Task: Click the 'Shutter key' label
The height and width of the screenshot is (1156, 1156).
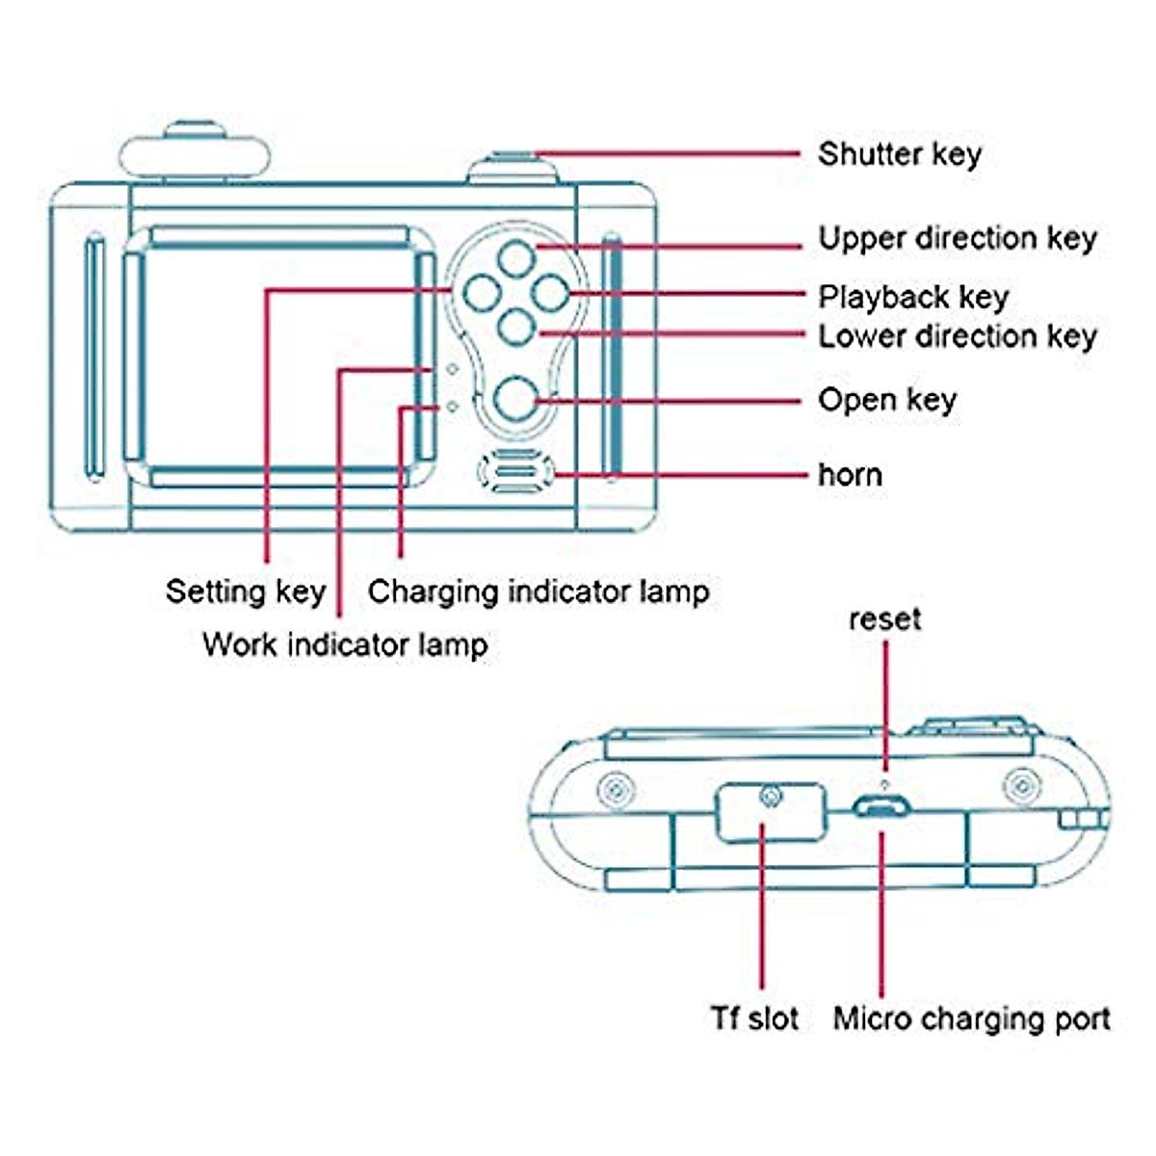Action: (899, 155)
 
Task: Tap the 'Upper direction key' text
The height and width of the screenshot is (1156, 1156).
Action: (958, 239)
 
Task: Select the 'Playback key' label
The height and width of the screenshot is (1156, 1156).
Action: (913, 298)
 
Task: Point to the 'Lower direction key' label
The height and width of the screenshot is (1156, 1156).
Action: (958, 336)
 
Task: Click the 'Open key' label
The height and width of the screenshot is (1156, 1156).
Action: (887, 401)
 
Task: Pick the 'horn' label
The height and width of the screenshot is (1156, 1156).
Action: (850, 475)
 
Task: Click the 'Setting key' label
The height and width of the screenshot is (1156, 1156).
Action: (246, 592)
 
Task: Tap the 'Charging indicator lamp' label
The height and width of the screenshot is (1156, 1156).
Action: (539, 592)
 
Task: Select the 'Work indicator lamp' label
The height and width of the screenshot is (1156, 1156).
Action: (346, 645)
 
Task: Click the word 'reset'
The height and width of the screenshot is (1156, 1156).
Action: (885, 619)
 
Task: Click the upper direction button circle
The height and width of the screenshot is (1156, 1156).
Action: (516, 258)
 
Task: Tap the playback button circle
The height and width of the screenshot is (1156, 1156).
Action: (551, 294)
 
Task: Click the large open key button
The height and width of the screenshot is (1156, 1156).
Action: (516, 398)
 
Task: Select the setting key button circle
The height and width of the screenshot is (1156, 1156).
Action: (482, 294)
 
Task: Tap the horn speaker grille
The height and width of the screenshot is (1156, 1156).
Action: (516, 471)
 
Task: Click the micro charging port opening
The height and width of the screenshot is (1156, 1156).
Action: (881, 807)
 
